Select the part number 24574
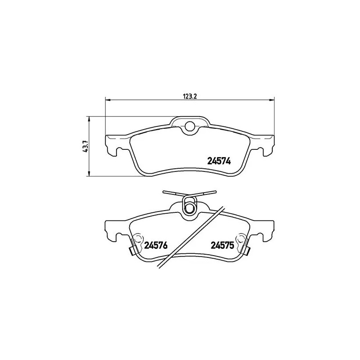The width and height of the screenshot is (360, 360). [219, 161]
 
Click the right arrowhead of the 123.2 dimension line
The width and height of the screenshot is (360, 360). [272, 99]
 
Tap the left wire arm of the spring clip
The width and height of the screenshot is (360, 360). [174, 193]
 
